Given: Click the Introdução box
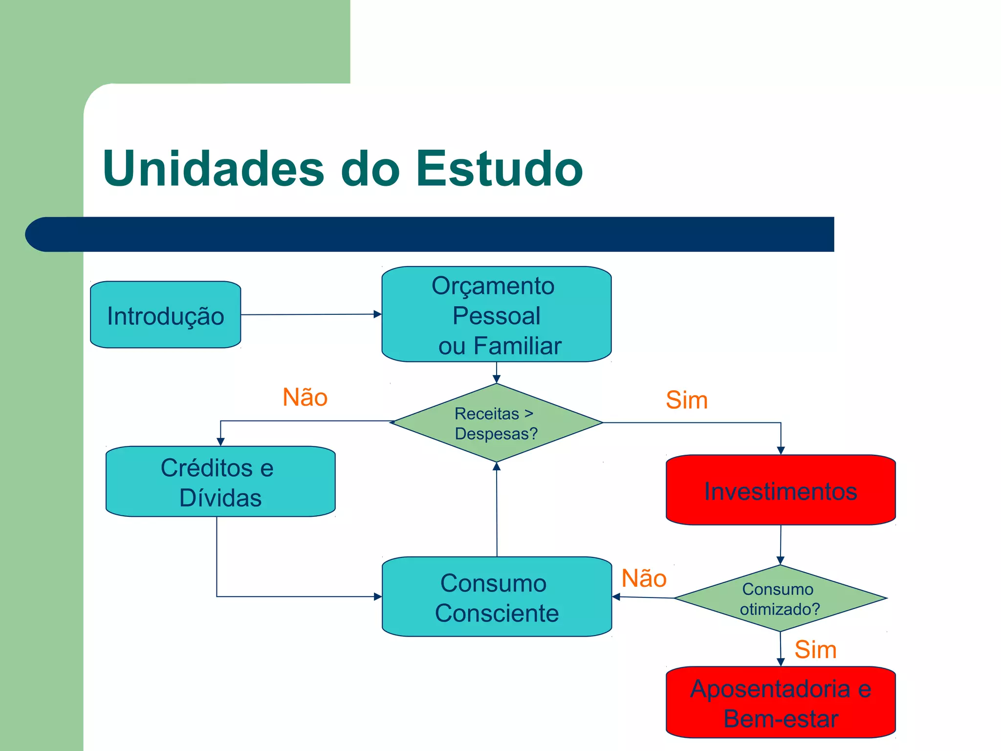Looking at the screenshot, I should [166, 315].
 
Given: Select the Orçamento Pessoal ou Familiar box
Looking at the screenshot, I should [497, 314].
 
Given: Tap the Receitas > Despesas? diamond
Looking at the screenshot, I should [497, 423].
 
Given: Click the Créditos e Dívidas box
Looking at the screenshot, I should [220, 482].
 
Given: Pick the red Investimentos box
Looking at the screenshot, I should [781, 490].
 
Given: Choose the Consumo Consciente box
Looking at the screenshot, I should [497, 597].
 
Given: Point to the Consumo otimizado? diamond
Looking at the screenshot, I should [780, 598].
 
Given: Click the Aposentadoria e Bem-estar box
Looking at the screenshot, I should [781, 703].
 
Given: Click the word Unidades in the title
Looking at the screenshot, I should [214, 169].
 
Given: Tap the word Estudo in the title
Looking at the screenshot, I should [499, 169].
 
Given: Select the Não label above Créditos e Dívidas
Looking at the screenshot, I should [305, 397].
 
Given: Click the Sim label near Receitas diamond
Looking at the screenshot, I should [687, 400].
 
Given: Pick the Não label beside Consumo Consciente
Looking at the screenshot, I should [644, 578].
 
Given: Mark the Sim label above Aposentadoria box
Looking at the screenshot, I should [815, 650].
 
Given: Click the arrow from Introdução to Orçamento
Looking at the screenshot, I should [311, 314].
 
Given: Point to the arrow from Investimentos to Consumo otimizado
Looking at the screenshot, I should [781, 545].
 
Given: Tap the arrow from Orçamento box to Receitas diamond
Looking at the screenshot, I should [497, 373].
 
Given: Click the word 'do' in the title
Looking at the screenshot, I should [370, 169].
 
